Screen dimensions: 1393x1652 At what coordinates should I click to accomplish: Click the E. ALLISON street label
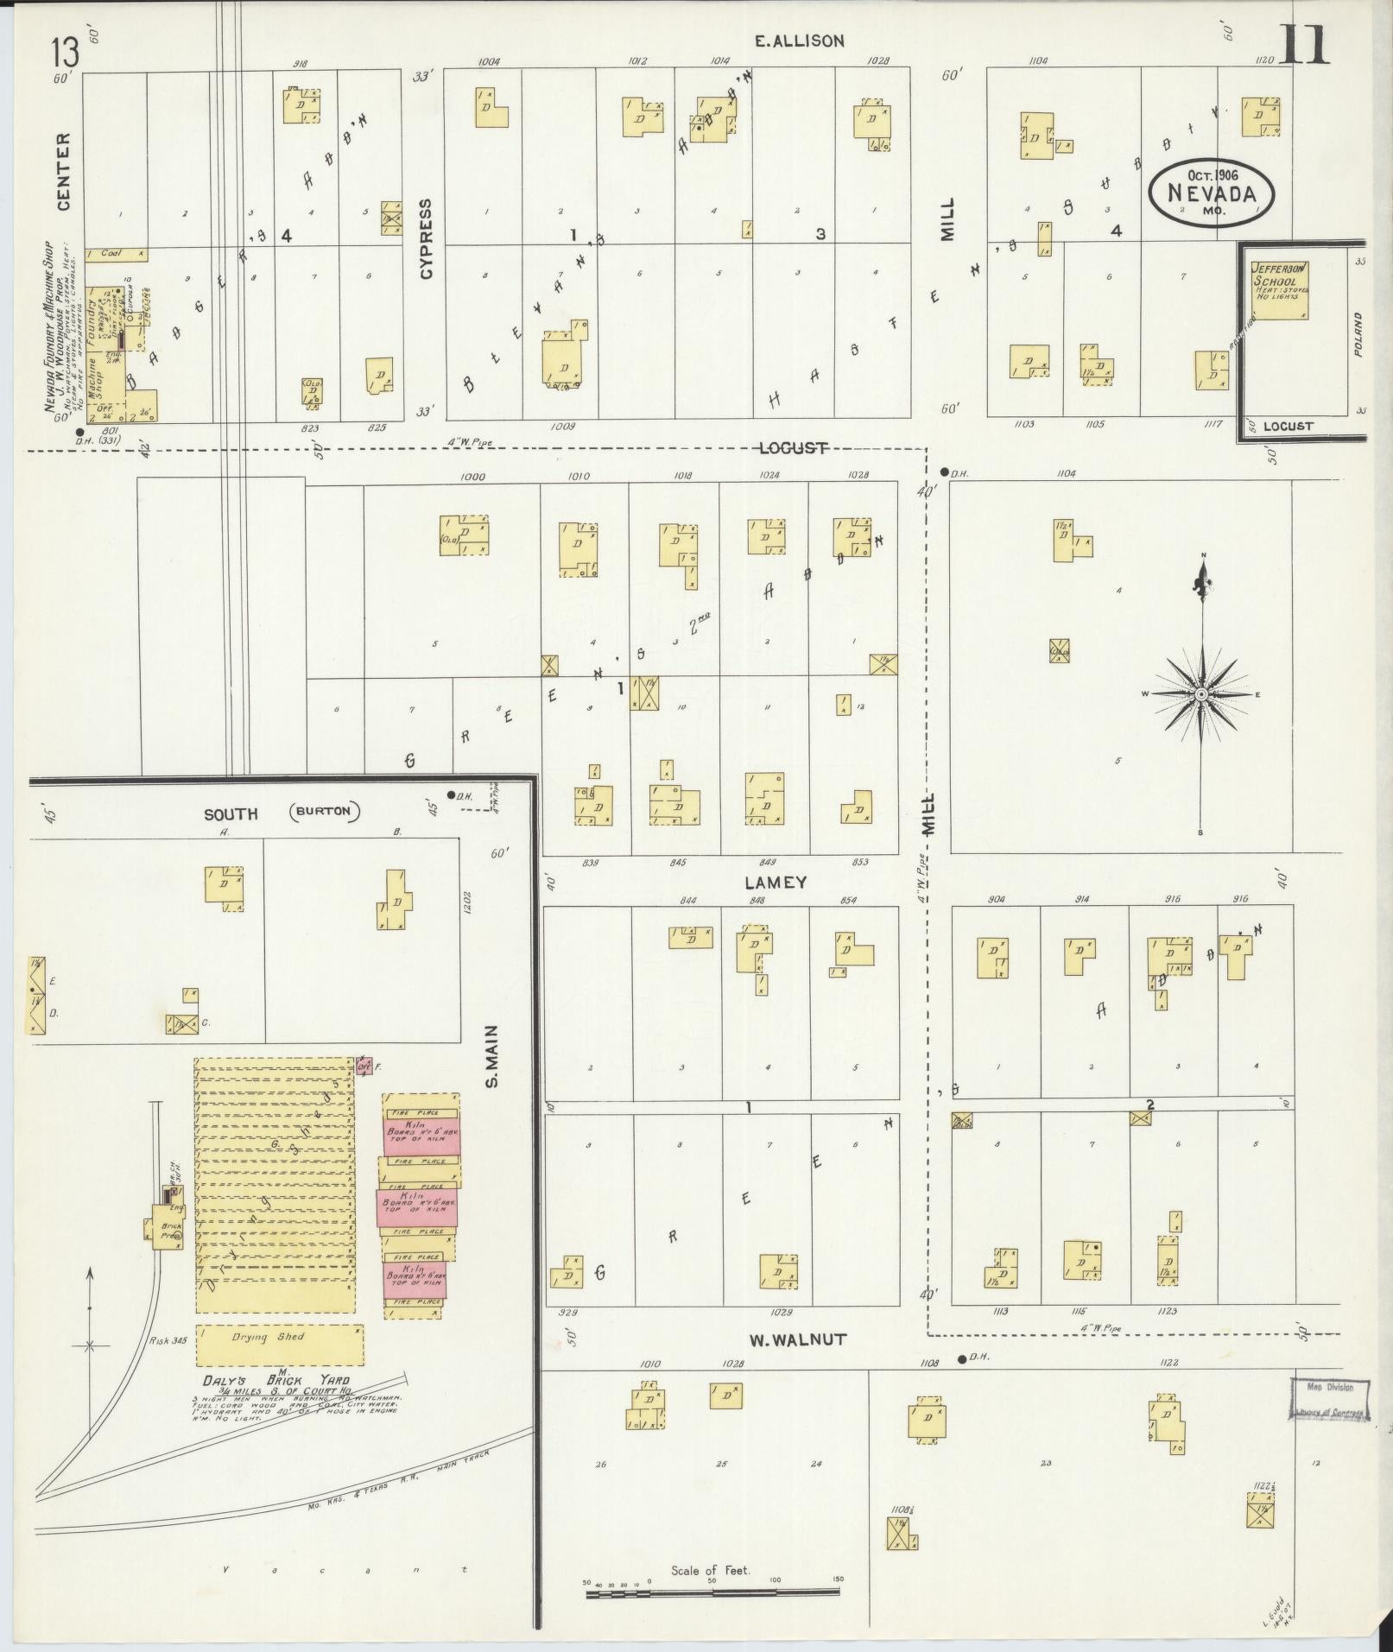click(798, 41)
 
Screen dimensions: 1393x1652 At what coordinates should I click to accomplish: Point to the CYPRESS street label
click(425, 238)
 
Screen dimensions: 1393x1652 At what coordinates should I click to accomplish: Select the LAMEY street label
click(775, 882)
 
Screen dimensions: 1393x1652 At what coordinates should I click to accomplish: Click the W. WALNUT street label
click(797, 1339)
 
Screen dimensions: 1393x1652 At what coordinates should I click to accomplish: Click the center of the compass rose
click(1201, 694)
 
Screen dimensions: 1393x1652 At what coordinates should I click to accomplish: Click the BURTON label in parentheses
click(325, 812)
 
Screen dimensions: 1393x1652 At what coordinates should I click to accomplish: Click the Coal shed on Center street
click(117, 254)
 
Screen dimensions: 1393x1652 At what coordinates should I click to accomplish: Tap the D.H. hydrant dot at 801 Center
click(80, 432)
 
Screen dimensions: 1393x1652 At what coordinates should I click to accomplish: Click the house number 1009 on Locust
click(562, 426)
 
